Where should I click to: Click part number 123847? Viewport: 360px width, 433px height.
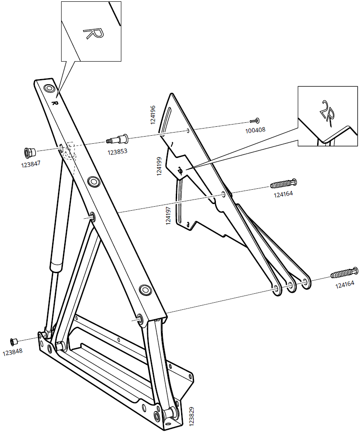pos(32,164)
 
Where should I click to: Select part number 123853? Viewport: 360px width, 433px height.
pos(118,152)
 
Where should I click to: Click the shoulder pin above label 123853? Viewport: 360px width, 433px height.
pos(118,139)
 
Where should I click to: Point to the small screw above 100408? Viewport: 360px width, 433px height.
pos(255,121)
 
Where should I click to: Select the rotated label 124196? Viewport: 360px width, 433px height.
pos(153,115)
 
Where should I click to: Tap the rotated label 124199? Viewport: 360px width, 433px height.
pos(160,166)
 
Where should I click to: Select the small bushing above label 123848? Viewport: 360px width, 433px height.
pos(14,341)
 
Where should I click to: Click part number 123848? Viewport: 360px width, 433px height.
pos(13,352)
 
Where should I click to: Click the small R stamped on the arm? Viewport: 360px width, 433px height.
pos(55,103)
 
